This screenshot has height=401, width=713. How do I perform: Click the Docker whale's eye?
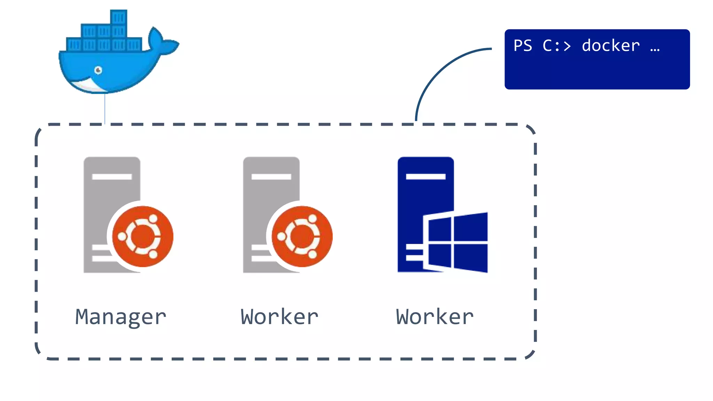point(98,70)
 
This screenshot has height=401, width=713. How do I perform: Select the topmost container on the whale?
point(118,17)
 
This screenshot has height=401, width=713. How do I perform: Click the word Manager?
point(120,317)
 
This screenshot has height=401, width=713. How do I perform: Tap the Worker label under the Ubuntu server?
point(279,317)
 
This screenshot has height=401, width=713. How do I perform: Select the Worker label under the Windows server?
point(434,317)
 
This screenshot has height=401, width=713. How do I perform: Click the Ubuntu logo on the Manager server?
point(142,236)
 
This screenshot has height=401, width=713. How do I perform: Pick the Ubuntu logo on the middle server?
point(302,236)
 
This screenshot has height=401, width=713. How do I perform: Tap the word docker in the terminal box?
point(610,46)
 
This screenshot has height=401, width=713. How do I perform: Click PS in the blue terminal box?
point(523,46)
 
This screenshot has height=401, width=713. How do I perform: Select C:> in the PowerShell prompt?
point(556,46)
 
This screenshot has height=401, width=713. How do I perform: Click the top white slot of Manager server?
point(112,176)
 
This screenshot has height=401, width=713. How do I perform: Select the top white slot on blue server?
point(425,176)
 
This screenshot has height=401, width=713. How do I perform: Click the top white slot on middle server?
point(271,176)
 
